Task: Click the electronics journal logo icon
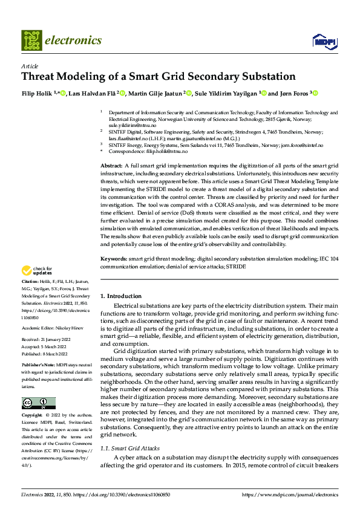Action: click(x=31, y=41)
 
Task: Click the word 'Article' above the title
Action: click(x=30, y=66)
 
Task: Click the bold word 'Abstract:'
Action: click(x=111, y=166)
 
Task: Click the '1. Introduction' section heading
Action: click(x=120, y=296)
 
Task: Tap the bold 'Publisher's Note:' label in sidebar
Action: click(x=39, y=366)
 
